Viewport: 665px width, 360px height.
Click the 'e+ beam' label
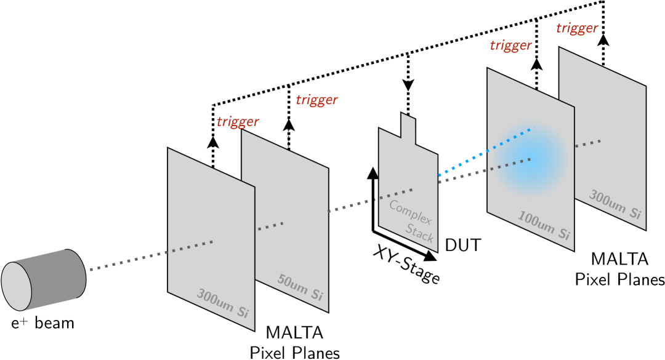[x=42, y=322]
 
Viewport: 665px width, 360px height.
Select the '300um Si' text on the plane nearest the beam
[x=222, y=301]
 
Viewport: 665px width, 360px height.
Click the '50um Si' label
[x=300, y=291]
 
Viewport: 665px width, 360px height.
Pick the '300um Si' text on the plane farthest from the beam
[x=616, y=204]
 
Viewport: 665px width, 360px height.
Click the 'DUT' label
[x=462, y=246]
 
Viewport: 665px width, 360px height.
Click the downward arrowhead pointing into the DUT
[x=408, y=85]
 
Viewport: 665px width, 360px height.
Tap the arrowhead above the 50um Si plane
[x=288, y=125]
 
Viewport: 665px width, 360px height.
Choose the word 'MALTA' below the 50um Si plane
[x=294, y=333]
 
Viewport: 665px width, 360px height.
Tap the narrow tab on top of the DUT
[x=408, y=127]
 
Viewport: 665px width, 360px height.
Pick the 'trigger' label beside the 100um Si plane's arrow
[x=510, y=45]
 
